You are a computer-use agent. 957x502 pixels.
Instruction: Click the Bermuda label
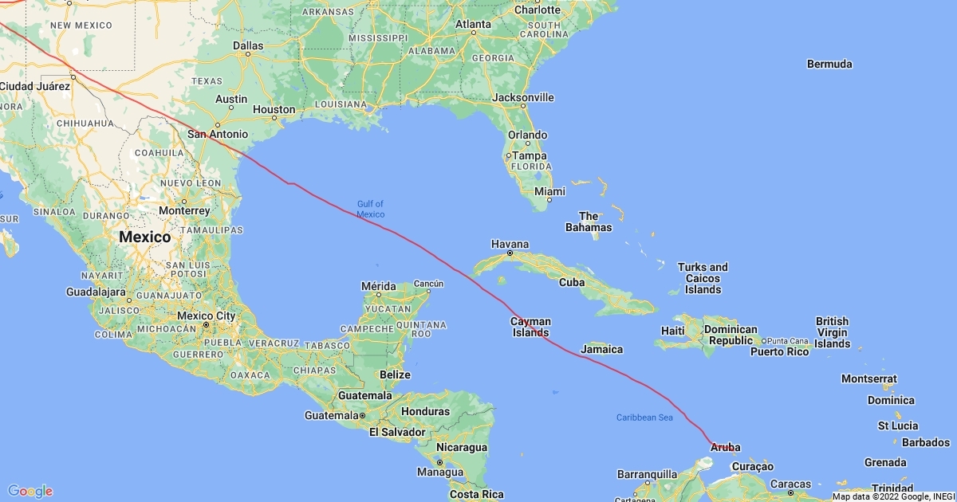829,64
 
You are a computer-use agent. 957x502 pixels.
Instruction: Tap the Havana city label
510,244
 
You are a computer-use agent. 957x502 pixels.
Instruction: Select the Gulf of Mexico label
370,210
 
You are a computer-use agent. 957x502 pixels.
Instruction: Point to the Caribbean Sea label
644,418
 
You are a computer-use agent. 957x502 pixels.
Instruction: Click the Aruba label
724,447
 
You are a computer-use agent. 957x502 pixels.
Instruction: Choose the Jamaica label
602,349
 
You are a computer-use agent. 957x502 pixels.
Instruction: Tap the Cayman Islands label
531,327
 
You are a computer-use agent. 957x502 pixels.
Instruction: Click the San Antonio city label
217,134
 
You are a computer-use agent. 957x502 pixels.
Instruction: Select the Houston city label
274,109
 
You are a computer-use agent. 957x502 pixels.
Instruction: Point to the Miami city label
549,191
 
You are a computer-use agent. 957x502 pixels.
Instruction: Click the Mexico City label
206,316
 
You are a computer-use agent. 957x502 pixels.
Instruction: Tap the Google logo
30,491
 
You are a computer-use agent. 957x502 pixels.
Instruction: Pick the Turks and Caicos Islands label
703,278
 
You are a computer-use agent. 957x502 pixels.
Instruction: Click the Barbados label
926,442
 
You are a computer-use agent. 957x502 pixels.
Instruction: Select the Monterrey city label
183,210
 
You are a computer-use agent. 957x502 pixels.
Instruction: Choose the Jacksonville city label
523,97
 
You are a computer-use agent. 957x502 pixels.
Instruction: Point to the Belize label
395,375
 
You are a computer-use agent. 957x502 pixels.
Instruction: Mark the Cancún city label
428,283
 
